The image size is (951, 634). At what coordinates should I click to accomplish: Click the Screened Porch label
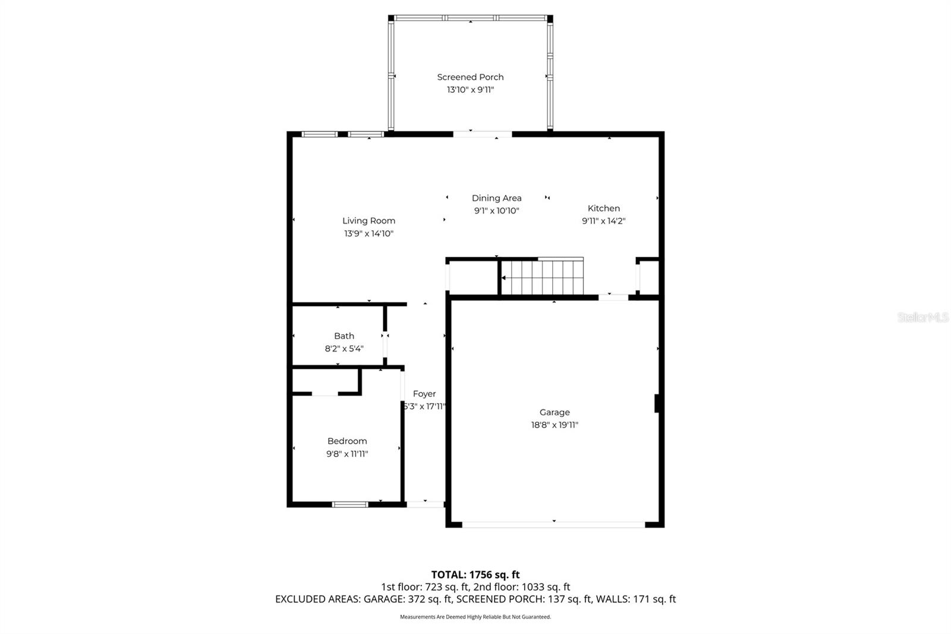pyautogui.click(x=470, y=77)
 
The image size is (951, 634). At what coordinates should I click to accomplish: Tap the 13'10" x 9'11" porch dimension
pyautogui.click(x=470, y=90)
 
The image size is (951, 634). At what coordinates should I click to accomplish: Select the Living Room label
pyautogui.click(x=369, y=221)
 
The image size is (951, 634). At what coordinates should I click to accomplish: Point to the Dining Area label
pyautogui.click(x=496, y=198)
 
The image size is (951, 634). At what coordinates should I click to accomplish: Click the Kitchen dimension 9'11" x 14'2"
pyautogui.click(x=603, y=221)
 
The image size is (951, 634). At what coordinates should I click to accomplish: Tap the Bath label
pyautogui.click(x=344, y=336)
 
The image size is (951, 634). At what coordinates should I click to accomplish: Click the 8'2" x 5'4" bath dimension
pyautogui.click(x=344, y=349)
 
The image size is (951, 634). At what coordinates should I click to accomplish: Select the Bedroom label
pyautogui.click(x=347, y=441)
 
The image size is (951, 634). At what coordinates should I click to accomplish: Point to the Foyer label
pyautogui.click(x=424, y=394)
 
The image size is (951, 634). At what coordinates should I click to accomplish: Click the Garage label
pyautogui.click(x=554, y=412)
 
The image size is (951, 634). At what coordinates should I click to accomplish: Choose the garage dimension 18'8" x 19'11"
pyautogui.click(x=554, y=425)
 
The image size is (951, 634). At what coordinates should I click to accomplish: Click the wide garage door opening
pyautogui.click(x=553, y=525)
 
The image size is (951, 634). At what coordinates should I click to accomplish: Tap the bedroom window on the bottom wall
pyautogui.click(x=349, y=504)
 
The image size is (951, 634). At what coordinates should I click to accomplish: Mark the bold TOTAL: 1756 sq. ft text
pyautogui.click(x=475, y=575)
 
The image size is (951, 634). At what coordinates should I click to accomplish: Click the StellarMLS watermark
pyautogui.click(x=922, y=318)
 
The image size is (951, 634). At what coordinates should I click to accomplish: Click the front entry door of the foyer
pyautogui.click(x=425, y=504)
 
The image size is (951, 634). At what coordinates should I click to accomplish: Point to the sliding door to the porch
pyautogui.click(x=482, y=134)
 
